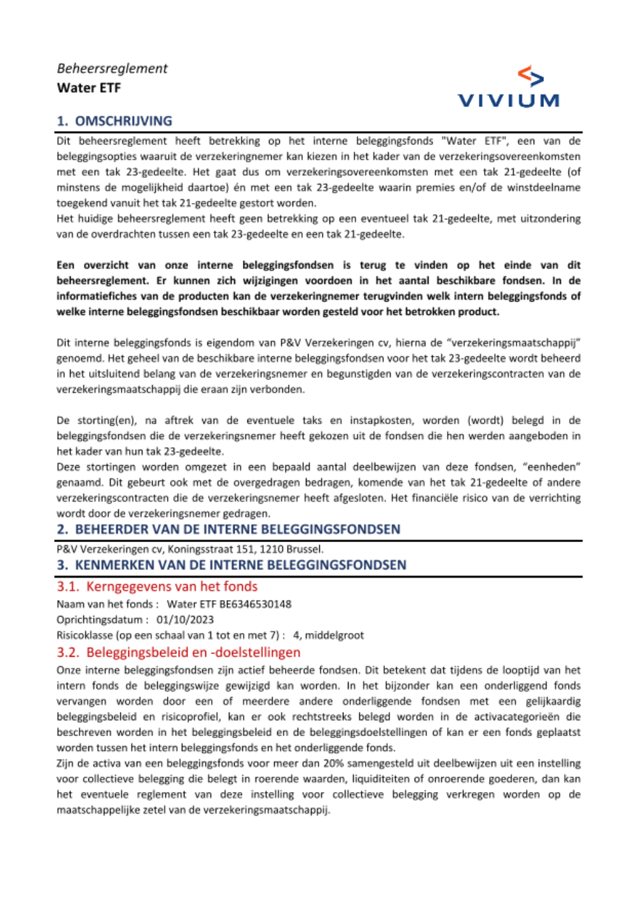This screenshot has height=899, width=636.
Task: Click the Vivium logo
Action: coord(508,87)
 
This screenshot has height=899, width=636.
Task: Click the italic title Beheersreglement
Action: coord(112,69)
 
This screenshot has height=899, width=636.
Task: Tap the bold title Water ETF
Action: coord(88,88)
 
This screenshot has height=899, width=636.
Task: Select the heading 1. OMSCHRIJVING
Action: coord(114,121)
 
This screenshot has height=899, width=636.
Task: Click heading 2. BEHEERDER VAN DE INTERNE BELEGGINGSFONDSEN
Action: coord(228,529)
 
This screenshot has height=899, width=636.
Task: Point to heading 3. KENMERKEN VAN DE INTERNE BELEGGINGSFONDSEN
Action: coord(232,565)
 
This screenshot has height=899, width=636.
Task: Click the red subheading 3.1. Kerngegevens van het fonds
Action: coord(157,587)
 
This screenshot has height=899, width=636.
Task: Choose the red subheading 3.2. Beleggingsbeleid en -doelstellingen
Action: coord(178,652)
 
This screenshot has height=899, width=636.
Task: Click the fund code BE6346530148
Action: coord(255,604)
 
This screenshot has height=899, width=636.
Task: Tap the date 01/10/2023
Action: coord(185,620)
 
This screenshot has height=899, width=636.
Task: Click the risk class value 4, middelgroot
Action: coord(328,635)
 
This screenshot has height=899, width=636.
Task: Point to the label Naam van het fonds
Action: coord(105,604)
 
